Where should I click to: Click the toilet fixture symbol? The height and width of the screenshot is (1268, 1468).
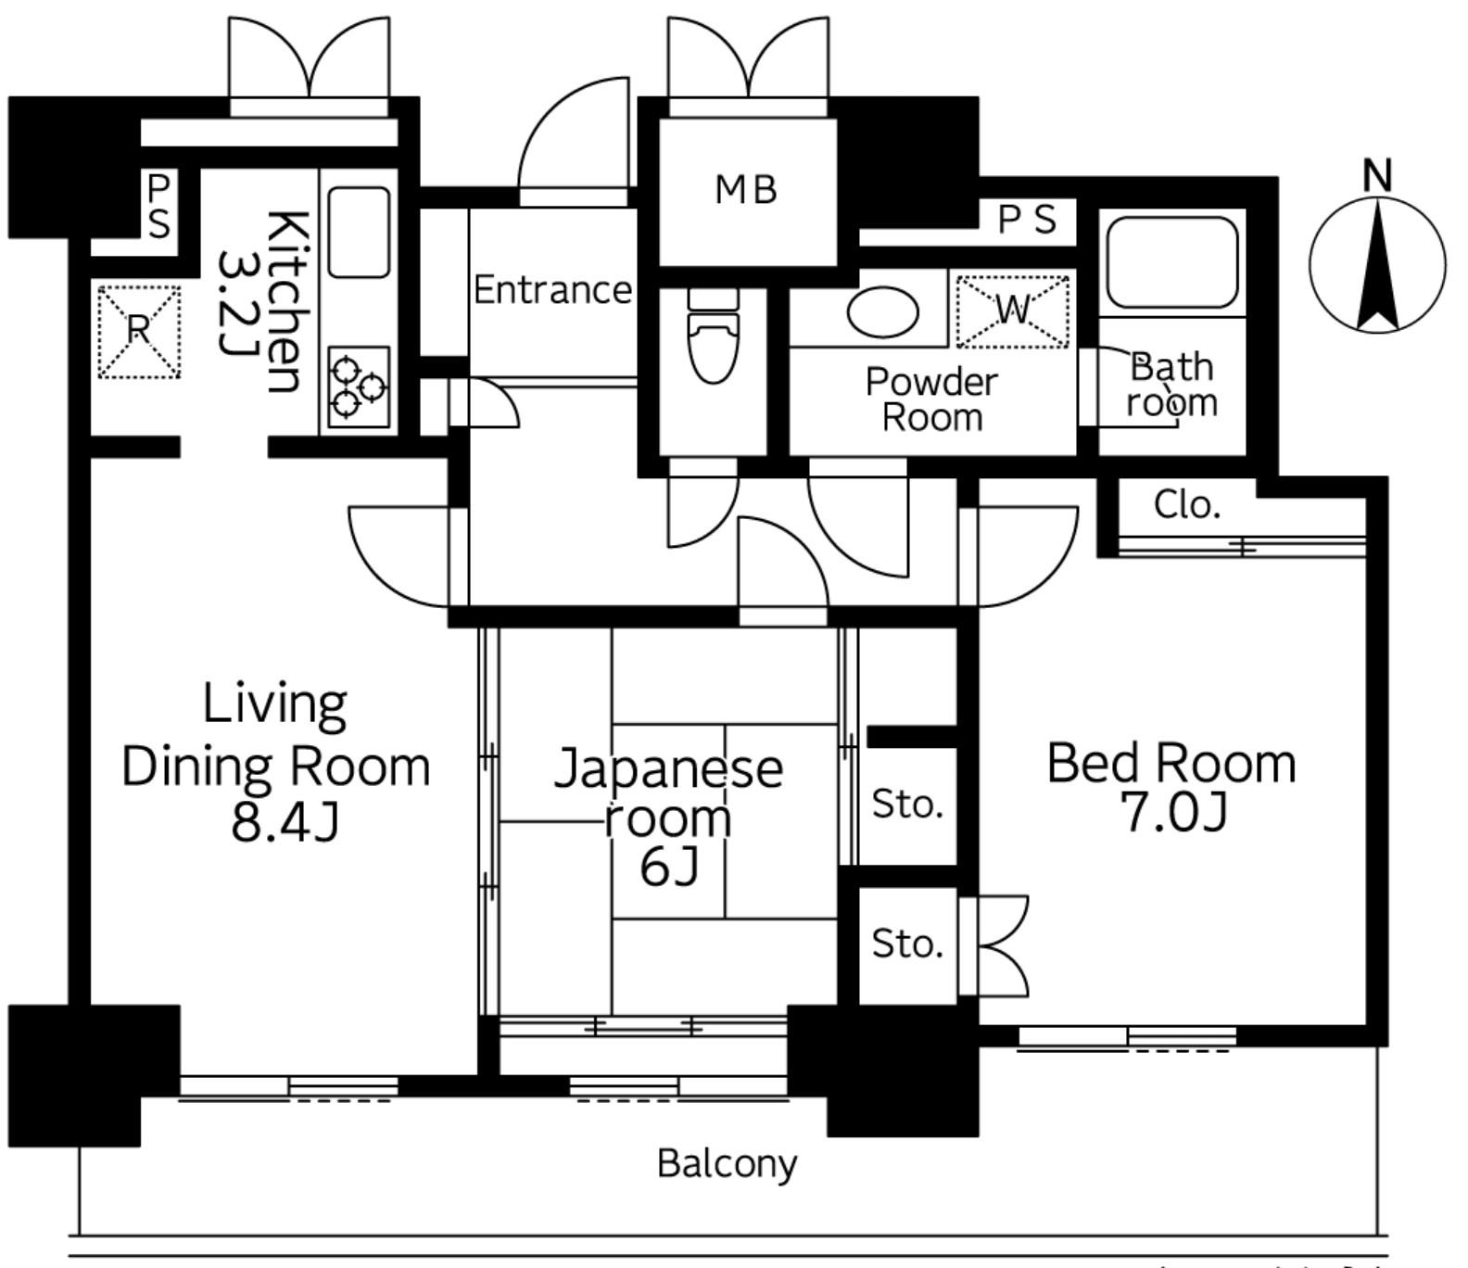point(714,335)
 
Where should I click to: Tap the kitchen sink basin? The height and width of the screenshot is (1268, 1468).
point(359,232)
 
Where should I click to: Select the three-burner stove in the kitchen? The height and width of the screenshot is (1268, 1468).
point(359,387)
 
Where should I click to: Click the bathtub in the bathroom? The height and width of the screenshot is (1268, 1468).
point(1172,262)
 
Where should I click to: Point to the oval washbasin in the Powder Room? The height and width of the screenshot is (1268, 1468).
point(883,311)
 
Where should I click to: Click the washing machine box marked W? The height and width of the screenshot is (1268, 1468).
point(1012,311)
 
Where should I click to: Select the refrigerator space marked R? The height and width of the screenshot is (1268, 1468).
point(139,332)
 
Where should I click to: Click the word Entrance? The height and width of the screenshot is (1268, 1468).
point(552,290)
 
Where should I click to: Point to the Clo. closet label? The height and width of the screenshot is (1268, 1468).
point(1187,504)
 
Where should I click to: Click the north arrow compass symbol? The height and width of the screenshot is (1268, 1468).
point(1378,265)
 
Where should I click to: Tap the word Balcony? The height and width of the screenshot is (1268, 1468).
point(727,1163)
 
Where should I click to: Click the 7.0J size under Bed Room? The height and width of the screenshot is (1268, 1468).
point(1174,813)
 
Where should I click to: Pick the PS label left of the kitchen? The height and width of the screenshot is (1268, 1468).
point(158,207)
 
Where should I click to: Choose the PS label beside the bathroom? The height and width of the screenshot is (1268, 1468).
point(1027,220)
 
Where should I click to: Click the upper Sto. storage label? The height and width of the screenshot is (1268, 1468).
point(907,805)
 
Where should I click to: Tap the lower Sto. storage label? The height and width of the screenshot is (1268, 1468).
point(907,944)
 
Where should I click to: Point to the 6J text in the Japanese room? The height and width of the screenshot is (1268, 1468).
point(669,868)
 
